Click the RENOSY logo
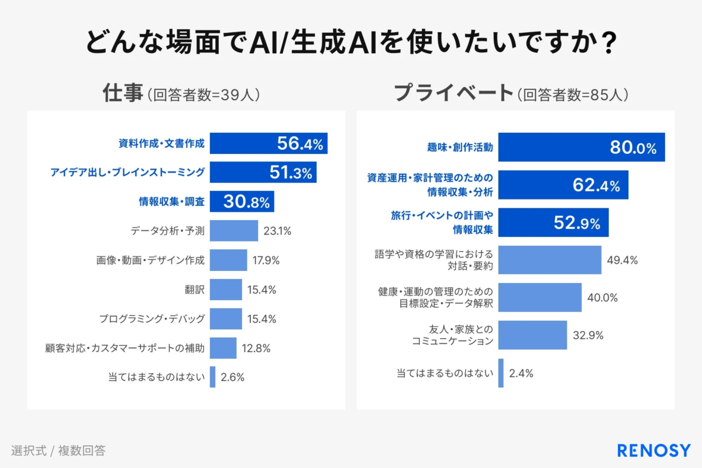point(653,450)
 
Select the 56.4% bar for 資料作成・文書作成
point(269,143)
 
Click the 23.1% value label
point(277,230)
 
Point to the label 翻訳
point(194,290)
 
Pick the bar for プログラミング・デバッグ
point(226,319)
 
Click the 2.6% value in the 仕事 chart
point(232,377)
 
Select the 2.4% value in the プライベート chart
point(521,373)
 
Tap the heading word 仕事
point(123,93)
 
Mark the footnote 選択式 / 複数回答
point(58,450)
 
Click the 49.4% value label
point(622,260)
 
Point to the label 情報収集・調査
point(171,201)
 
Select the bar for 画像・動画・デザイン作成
point(228,260)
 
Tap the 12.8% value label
point(256,348)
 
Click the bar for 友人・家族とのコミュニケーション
point(533,335)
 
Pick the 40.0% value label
point(602,297)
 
